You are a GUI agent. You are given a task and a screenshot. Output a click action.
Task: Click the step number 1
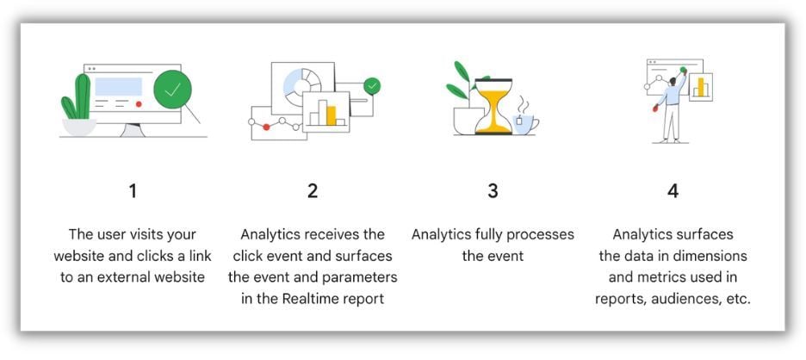[x=133, y=191]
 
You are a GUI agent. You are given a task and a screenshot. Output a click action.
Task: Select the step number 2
[x=313, y=191]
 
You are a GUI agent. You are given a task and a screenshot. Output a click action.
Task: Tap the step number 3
[x=493, y=191]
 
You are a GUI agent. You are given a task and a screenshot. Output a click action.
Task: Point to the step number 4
[x=673, y=191]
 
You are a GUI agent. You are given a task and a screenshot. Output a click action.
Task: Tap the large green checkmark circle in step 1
[x=172, y=90]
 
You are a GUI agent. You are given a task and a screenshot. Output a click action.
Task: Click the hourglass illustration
[x=493, y=107]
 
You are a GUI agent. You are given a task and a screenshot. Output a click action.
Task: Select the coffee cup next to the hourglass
[x=524, y=121]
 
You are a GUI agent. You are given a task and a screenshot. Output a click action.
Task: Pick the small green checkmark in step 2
[x=372, y=85]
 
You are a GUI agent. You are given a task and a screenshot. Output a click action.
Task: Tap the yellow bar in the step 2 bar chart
[x=331, y=115]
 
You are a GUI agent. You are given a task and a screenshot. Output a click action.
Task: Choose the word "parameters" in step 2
[x=359, y=277]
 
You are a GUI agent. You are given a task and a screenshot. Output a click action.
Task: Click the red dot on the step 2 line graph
[x=266, y=127]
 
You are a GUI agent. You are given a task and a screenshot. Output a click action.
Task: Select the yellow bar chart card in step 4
[x=700, y=86]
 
